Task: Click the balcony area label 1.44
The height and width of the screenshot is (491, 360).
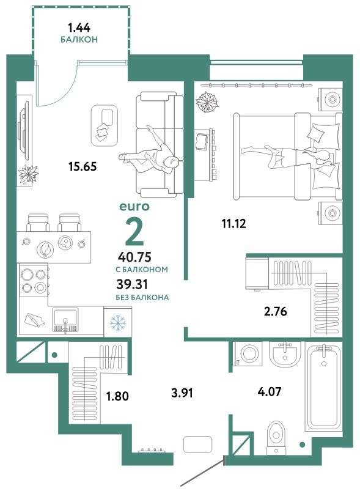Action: click(x=79, y=28)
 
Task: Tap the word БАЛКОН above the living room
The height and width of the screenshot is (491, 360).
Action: click(x=79, y=40)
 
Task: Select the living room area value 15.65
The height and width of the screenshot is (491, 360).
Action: click(x=83, y=166)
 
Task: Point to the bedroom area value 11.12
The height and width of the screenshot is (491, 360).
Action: click(x=233, y=224)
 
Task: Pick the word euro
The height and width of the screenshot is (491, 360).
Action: click(x=134, y=207)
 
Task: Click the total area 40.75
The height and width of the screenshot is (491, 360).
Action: click(x=134, y=257)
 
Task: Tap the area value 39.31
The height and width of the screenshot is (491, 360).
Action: click(x=132, y=284)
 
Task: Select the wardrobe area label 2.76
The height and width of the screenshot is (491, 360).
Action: click(x=276, y=312)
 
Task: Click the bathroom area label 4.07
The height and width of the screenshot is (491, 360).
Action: click(x=269, y=391)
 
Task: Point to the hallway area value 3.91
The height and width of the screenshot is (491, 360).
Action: click(x=182, y=393)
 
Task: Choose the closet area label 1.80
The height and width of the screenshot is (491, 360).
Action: click(x=117, y=396)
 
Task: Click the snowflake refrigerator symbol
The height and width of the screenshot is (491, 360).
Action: click(x=118, y=322)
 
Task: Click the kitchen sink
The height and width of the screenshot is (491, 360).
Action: click(x=66, y=320)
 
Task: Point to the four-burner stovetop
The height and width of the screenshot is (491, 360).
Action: click(x=34, y=279)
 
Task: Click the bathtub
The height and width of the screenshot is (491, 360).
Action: click(x=324, y=386)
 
